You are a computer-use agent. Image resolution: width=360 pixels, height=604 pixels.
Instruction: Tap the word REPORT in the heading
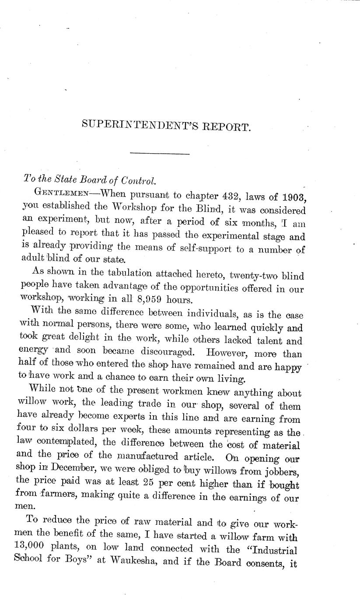[227, 126]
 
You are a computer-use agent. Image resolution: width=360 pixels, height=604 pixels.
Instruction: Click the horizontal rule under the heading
[160, 154]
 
